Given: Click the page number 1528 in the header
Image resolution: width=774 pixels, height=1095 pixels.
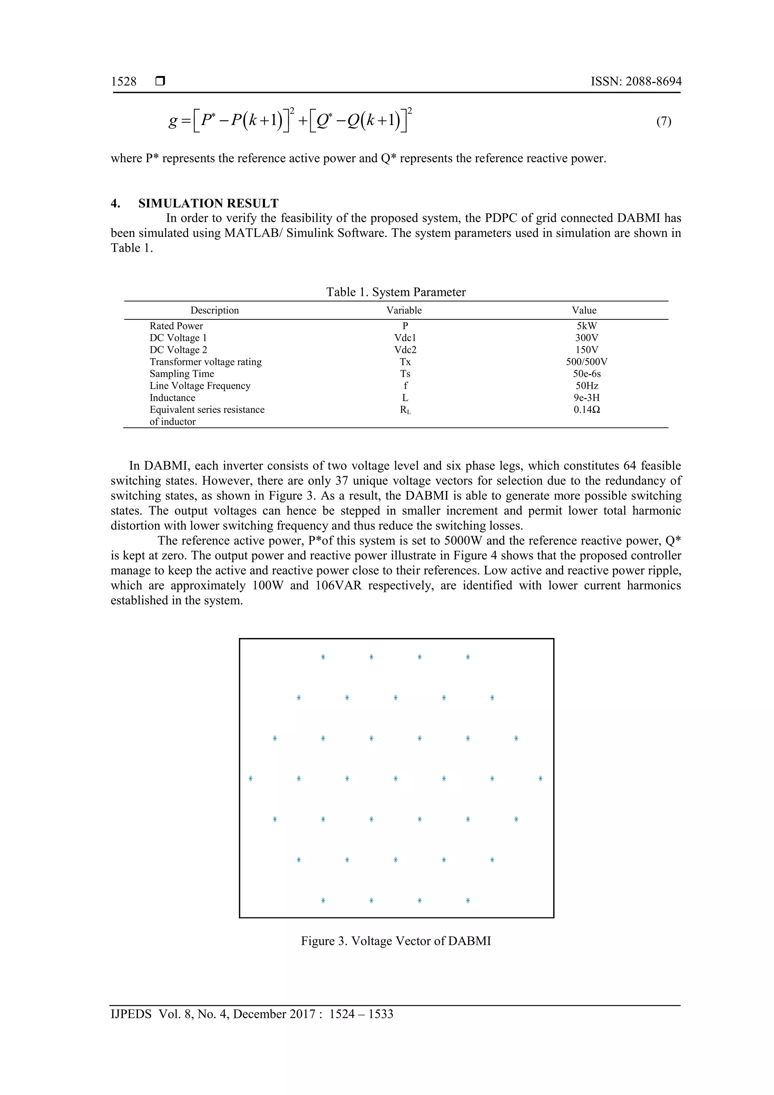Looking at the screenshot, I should [124, 82].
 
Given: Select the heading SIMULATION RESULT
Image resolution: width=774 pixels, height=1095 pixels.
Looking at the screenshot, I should [208, 203].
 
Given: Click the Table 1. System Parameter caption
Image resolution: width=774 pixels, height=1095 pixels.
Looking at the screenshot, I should [396, 292].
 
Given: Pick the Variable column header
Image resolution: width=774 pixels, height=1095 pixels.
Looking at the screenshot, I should [404, 310].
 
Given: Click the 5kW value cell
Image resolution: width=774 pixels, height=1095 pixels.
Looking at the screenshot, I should [586, 326].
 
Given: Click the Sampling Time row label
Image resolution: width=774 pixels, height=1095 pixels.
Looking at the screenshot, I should [182, 373].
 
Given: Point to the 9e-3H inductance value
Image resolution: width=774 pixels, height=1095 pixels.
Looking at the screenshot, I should [586, 397].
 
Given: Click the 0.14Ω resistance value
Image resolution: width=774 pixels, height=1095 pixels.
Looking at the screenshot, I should [586, 409].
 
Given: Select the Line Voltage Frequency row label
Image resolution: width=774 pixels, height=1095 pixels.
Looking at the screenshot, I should [200, 386].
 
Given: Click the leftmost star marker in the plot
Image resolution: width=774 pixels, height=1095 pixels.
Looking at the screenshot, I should [250, 779].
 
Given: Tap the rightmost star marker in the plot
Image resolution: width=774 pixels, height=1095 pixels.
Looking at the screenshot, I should [540, 779].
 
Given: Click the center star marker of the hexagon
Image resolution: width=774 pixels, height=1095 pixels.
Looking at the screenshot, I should [395, 779].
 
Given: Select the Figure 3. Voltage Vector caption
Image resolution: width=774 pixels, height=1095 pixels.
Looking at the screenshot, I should [396, 941].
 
